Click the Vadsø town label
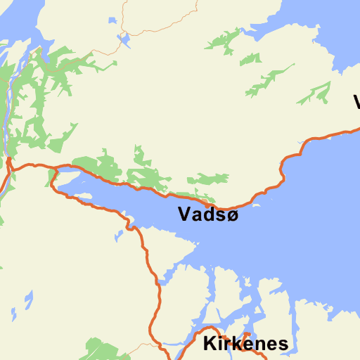click(208, 214)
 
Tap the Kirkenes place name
click(245, 344)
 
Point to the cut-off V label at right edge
click(356, 102)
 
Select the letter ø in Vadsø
click(231, 215)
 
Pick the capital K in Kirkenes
click(210, 344)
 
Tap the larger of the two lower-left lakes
click(28, 301)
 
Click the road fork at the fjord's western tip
click(52, 176)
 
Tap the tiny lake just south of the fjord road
click(120, 234)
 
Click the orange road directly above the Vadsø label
click(211, 197)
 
